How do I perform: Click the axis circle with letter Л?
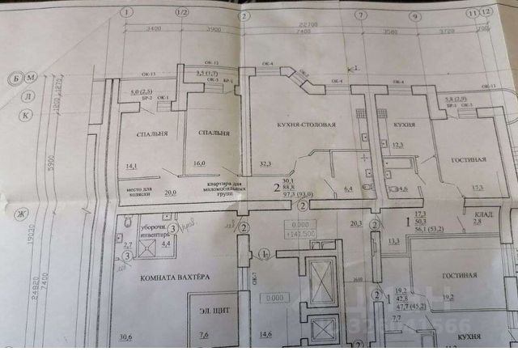[26, 95]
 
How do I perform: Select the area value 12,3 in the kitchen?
[397, 146]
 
